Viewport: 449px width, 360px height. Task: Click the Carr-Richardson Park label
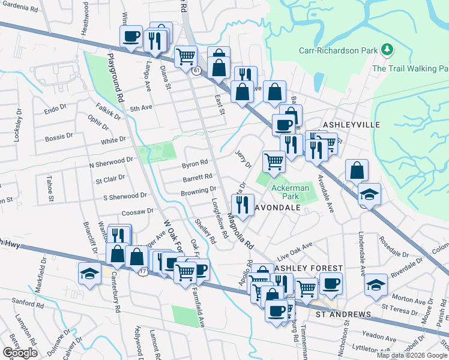click(x=339, y=51)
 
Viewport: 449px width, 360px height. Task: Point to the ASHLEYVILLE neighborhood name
click(x=352, y=124)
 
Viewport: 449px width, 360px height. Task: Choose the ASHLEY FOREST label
click(x=301, y=268)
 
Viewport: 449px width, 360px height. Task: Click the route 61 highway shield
click(x=196, y=71)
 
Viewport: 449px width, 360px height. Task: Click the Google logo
click(x=20, y=352)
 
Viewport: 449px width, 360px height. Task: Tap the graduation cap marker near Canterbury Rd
click(x=89, y=273)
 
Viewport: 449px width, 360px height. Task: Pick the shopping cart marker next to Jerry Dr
click(x=274, y=160)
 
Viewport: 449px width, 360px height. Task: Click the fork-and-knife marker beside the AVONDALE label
click(x=243, y=204)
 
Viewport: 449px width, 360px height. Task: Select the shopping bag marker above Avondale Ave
click(x=357, y=170)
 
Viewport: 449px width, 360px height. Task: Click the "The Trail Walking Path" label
click(x=410, y=68)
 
